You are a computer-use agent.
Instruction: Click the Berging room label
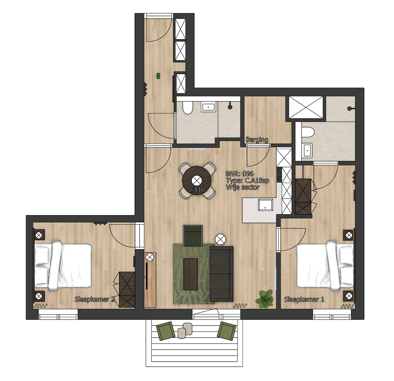pyautogui.click(x=257, y=140)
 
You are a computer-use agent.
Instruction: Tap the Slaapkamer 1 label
pyautogui.click(x=304, y=299)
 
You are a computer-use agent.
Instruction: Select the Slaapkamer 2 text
pyautogui.click(x=95, y=299)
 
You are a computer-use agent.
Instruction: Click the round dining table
pyautogui.click(x=197, y=180)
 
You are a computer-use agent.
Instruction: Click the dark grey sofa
pyautogui.click(x=221, y=274)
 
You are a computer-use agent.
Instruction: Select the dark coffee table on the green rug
pyautogui.click(x=190, y=274)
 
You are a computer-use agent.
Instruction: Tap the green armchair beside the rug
pyautogui.click(x=193, y=235)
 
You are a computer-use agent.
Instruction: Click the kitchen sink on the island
pyautogui.click(x=265, y=205)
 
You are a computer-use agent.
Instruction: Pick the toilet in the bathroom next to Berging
pyautogui.click(x=188, y=108)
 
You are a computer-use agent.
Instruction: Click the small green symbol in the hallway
pyautogui.click(x=158, y=76)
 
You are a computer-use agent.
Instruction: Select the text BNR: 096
pyautogui.click(x=239, y=174)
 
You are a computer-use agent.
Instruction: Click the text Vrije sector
pyautogui.click(x=242, y=187)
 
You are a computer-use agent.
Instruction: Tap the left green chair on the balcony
pyautogui.click(x=165, y=331)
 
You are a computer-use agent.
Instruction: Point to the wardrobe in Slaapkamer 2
pyautogui.click(x=127, y=290)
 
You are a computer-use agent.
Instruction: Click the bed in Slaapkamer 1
pyautogui.click(x=325, y=265)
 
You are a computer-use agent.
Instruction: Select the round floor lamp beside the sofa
pyautogui.click(x=220, y=239)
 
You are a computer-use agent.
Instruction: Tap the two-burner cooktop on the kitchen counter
pyautogui.click(x=279, y=174)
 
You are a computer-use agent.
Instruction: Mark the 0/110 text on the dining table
pyautogui.click(x=196, y=190)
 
